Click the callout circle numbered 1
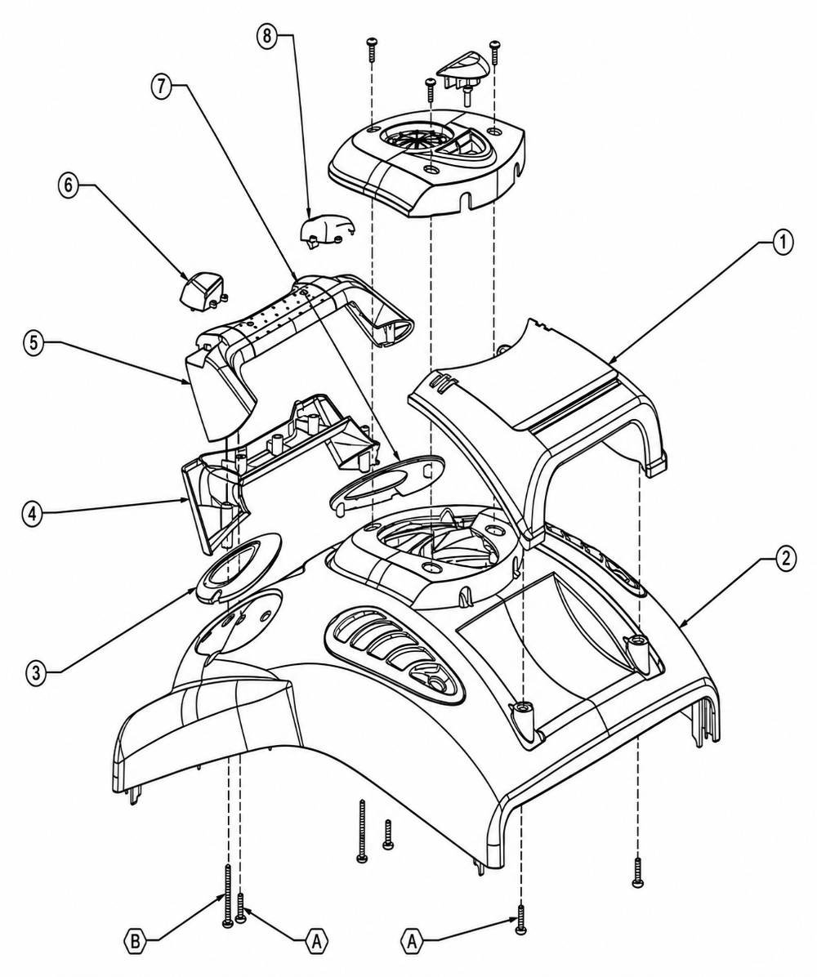[x=783, y=242]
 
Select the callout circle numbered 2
[x=785, y=558]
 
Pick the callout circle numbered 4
[x=33, y=514]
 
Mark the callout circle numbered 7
[x=162, y=87]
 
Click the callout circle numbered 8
[x=267, y=35]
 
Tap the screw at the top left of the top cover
[x=372, y=49]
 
